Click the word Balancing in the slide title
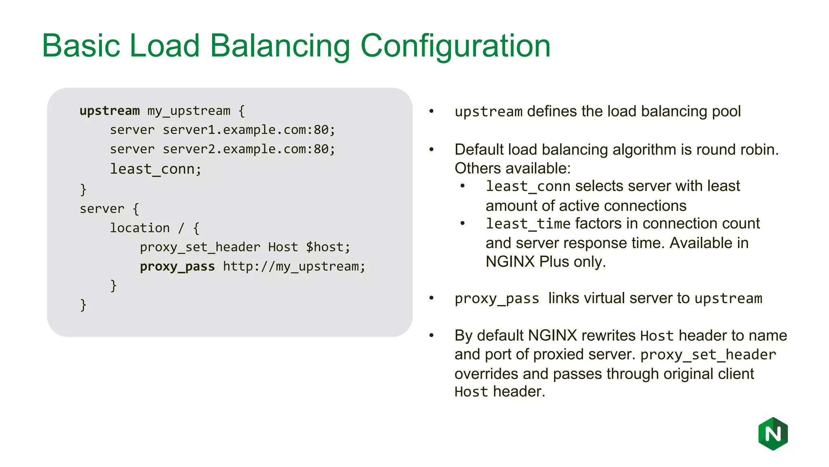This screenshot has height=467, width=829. point(280,46)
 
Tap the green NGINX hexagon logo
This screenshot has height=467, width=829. point(773,434)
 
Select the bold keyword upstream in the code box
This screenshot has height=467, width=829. point(109,111)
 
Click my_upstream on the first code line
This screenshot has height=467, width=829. point(189,111)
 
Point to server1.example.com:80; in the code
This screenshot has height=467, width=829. point(249,130)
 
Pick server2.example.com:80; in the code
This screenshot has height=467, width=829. point(249,149)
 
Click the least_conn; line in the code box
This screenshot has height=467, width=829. point(155,169)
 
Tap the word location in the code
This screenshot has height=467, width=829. point(140,228)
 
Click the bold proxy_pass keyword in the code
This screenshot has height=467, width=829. point(177,266)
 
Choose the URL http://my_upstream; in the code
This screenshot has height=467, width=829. point(294,266)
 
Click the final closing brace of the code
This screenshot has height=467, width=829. point(83,304)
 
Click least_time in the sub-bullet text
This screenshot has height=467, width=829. point(528,224)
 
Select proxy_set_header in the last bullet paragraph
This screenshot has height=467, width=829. point(708,355)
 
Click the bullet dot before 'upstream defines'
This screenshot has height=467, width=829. point(432,111)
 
